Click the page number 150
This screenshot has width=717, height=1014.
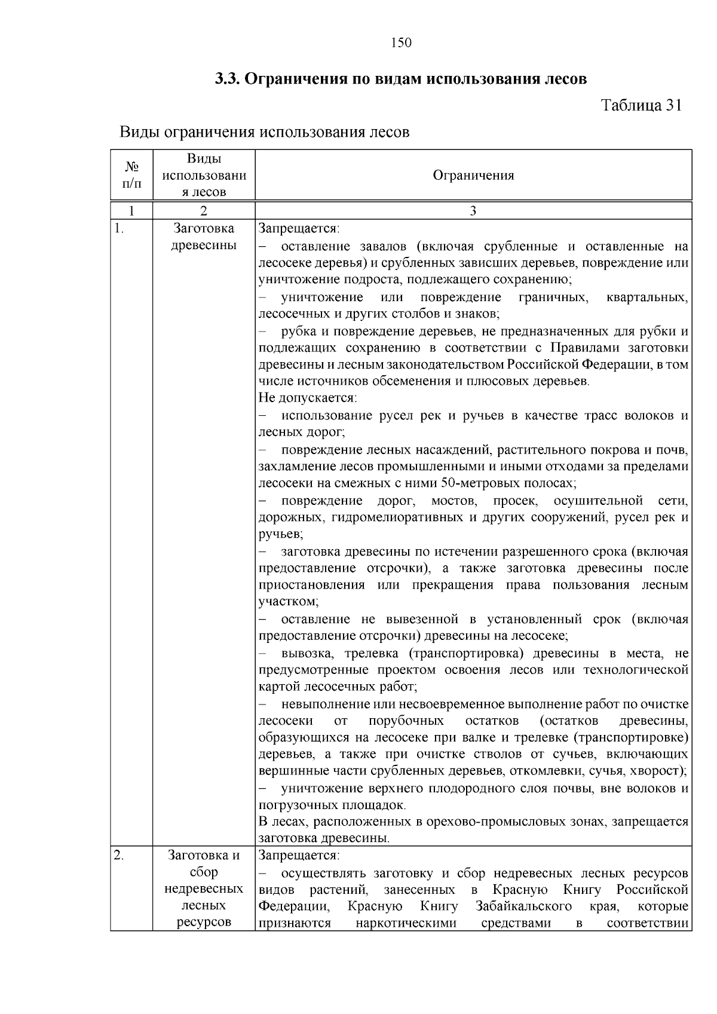point(401,42)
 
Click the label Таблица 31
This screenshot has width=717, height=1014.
point(641,105)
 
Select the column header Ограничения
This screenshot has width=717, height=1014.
point(473,175)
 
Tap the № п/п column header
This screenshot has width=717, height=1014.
point(132,175)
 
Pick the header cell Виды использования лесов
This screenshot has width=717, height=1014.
point(204,175)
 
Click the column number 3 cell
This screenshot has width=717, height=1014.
point(473,211)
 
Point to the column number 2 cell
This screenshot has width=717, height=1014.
point(204,211)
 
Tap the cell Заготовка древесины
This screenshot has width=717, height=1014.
point(204,237)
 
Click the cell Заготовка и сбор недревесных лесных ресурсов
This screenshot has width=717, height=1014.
point(204,889)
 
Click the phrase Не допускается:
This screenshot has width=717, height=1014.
point(307,398)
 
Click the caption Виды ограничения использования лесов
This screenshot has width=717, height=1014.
point(265,132)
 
